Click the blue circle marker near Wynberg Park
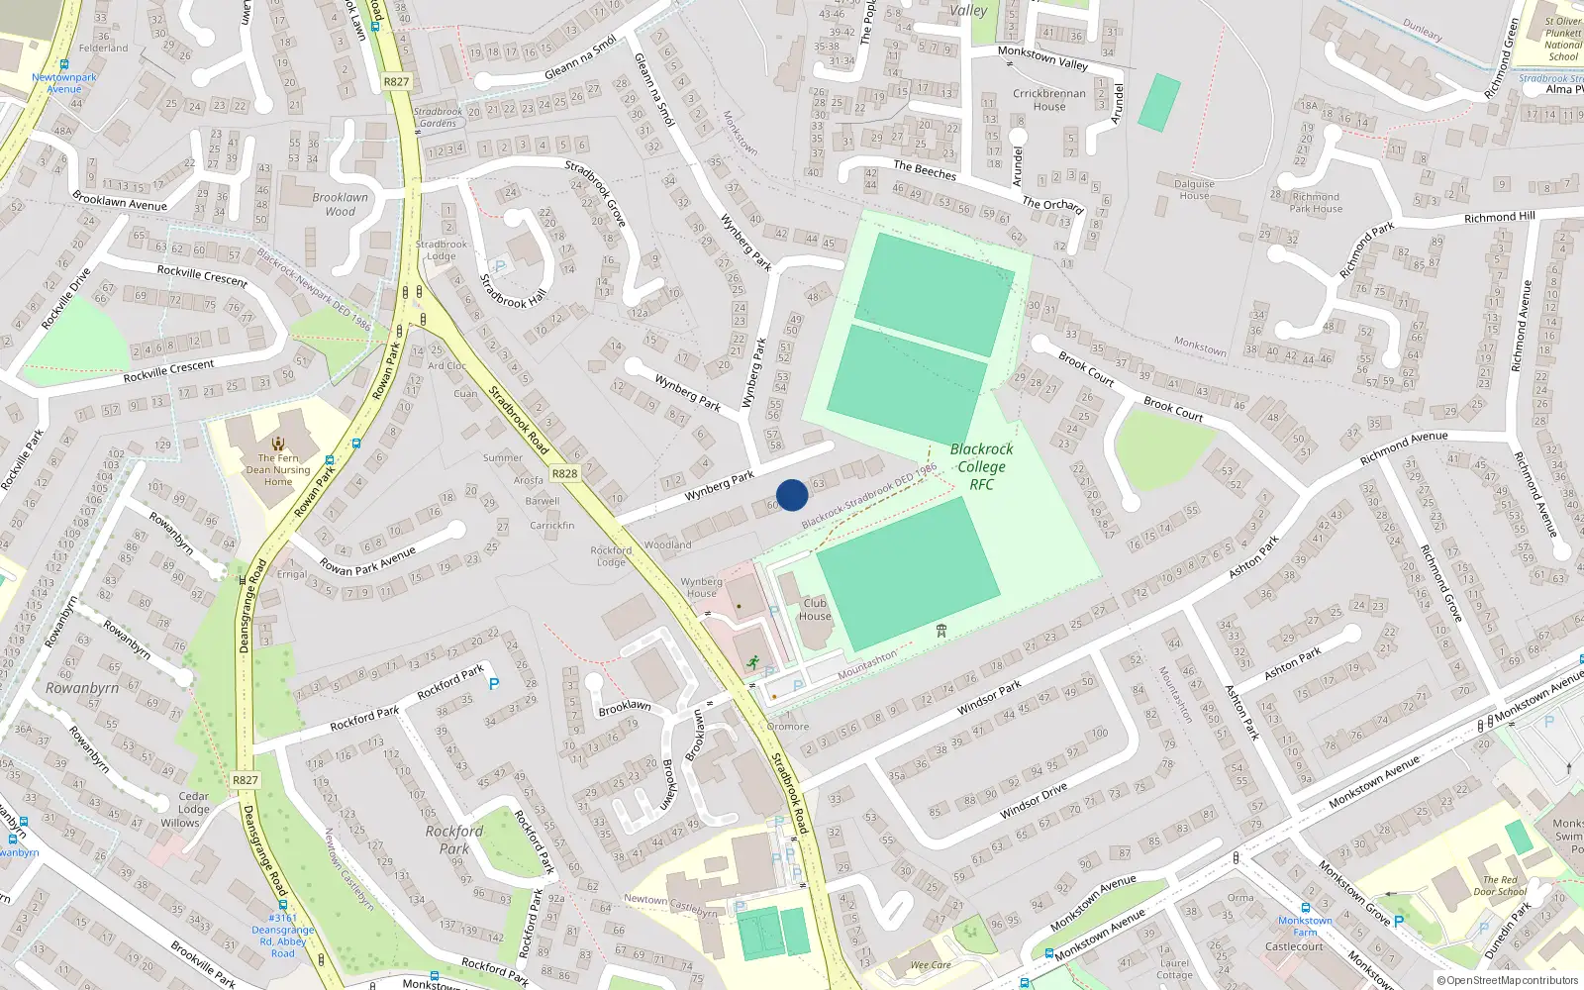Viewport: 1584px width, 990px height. click(x=792, y=495)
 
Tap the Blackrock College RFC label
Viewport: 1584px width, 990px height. click(x=981, y=466)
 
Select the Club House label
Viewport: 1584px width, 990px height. click(x=815, y=609)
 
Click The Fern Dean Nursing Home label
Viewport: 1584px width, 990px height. click(x=278, y=469)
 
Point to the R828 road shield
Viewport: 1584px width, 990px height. click(x=564, y=474)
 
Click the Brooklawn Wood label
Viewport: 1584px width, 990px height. click(x=340, y=204)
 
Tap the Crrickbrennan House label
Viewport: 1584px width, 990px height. click(x=1049, y=100)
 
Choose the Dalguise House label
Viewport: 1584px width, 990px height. click(x=1194, y=189)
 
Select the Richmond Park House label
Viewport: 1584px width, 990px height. click(x=1316, y=203)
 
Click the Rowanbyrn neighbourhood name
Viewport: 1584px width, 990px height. click(x=82, y=688)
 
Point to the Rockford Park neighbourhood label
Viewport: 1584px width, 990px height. click(x=454, y=840)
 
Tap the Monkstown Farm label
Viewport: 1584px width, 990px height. click(x=1305, y=926)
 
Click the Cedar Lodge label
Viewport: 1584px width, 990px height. click(x=194, y=803)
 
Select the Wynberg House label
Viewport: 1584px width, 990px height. click(x=701, y=588)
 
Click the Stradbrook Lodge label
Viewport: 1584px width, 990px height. click(x=442, y=249)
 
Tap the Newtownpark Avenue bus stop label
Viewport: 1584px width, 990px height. click(x=64, y=83)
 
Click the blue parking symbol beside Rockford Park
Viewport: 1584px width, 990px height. click(x=494, y=684)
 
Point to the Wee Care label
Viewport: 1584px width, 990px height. click(x=931, y=964)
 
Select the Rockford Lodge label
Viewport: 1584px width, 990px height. click(x=611, y=556)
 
